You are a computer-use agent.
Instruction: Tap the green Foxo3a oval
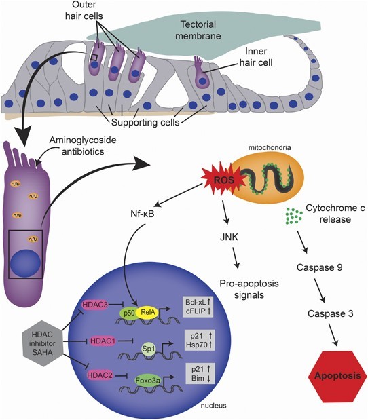click(150, 381)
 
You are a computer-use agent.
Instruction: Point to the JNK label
click(232, 237)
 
